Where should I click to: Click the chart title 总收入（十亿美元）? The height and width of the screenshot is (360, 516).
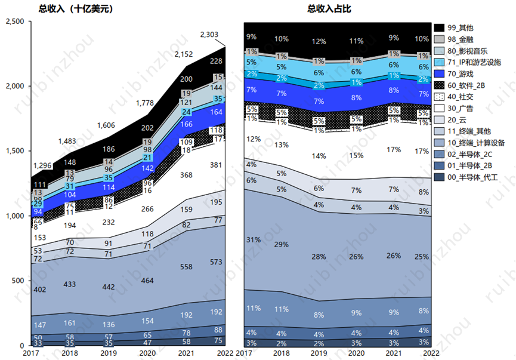tap(75, 9)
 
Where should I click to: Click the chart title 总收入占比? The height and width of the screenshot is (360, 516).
tap(329, 9)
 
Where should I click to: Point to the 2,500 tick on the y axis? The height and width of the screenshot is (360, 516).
tap(14, 21)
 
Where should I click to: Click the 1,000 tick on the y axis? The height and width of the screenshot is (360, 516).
tap(14, 216)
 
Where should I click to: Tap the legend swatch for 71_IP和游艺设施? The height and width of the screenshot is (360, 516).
tap(440, 62)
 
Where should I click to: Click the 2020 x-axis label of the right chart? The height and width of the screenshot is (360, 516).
tap(356, 353)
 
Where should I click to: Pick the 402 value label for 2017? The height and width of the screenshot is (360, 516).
tap(39, 290)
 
